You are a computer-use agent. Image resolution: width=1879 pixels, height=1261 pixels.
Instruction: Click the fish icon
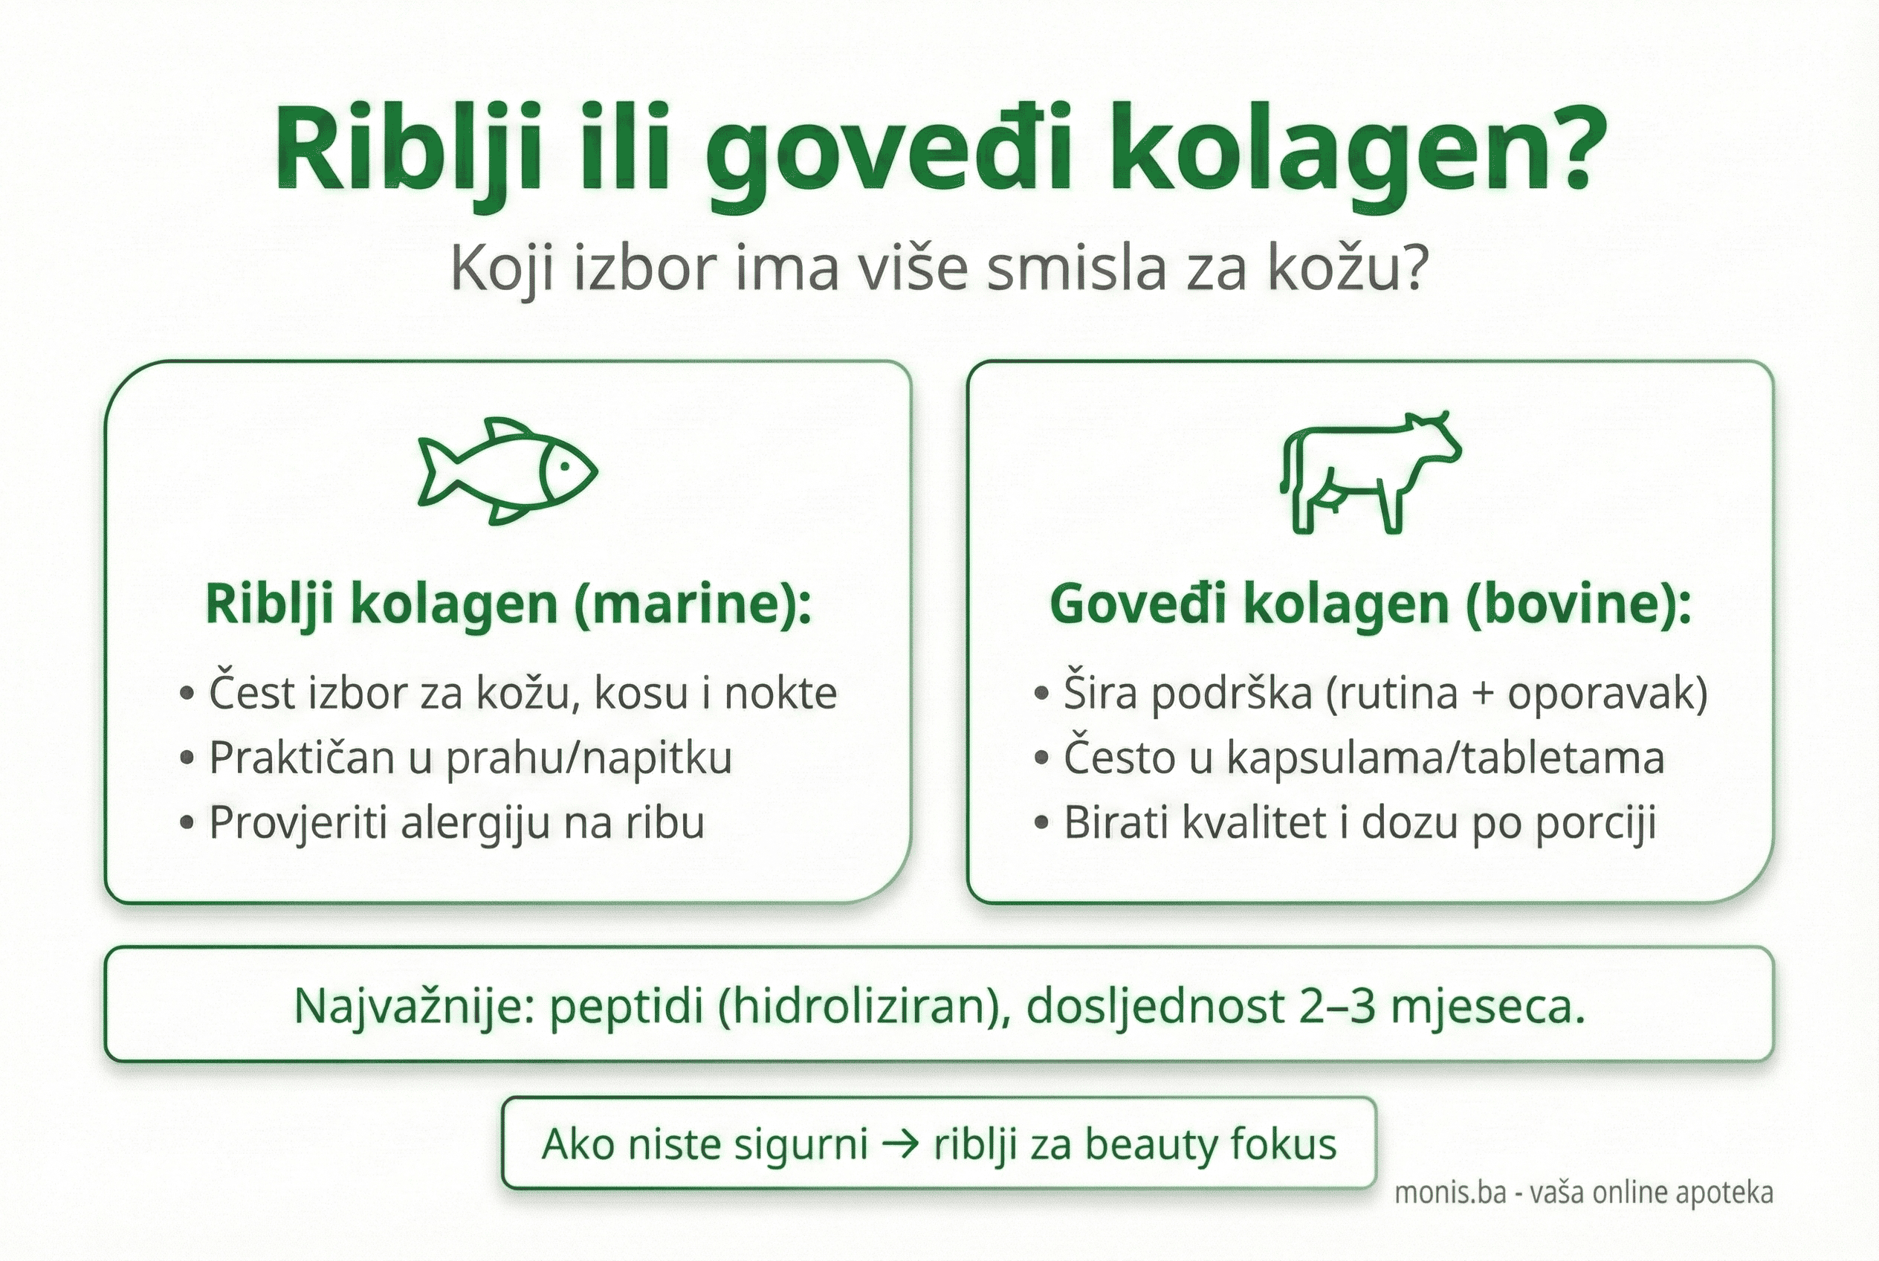pos(508,471)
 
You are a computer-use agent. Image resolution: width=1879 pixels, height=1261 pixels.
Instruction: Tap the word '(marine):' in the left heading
pos(692,604)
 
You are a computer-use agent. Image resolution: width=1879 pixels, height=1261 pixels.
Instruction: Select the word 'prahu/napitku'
pos(589,758)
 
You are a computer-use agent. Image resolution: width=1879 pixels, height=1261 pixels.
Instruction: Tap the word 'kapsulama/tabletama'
pos(1444,758)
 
